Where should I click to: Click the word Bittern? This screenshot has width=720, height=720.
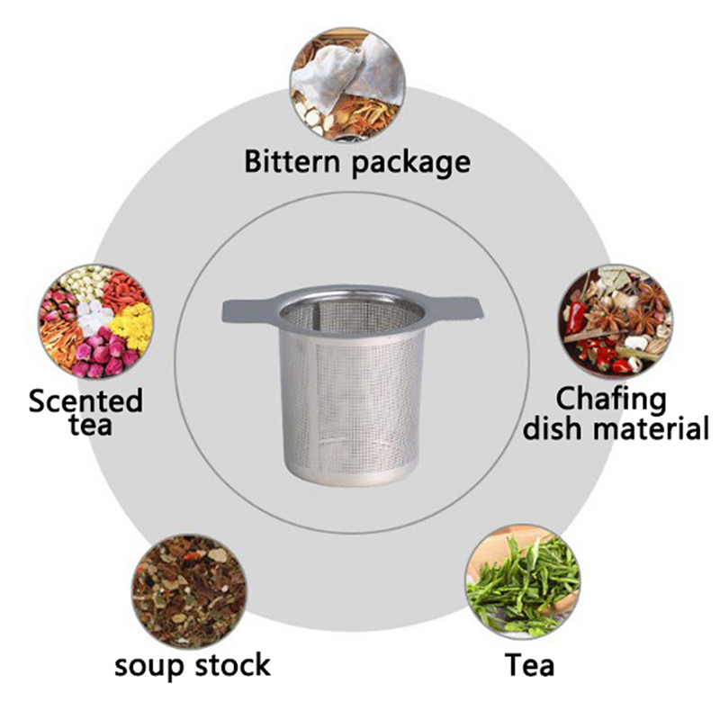coord(292,161)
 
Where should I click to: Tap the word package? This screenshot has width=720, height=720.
coord(411,165)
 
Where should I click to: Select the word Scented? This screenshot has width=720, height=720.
coord(85,400)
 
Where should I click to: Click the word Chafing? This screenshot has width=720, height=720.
coord(611,400)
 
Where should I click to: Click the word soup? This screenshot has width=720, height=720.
coord(150,666)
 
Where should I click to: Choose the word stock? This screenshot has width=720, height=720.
coord(233,664)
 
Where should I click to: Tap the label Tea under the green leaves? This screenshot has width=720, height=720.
coord(529,664)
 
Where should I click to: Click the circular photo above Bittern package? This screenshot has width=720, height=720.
coord(347,85)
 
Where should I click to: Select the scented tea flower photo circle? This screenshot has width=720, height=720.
coord(96,321)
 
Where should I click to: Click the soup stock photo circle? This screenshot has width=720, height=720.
coord(190,591)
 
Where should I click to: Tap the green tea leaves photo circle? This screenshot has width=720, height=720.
coord(523,582)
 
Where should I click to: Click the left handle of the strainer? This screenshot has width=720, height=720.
coord(248,310)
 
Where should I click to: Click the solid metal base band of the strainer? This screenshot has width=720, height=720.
coord(352,476)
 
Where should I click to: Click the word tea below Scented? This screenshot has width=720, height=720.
coord(91,425)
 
